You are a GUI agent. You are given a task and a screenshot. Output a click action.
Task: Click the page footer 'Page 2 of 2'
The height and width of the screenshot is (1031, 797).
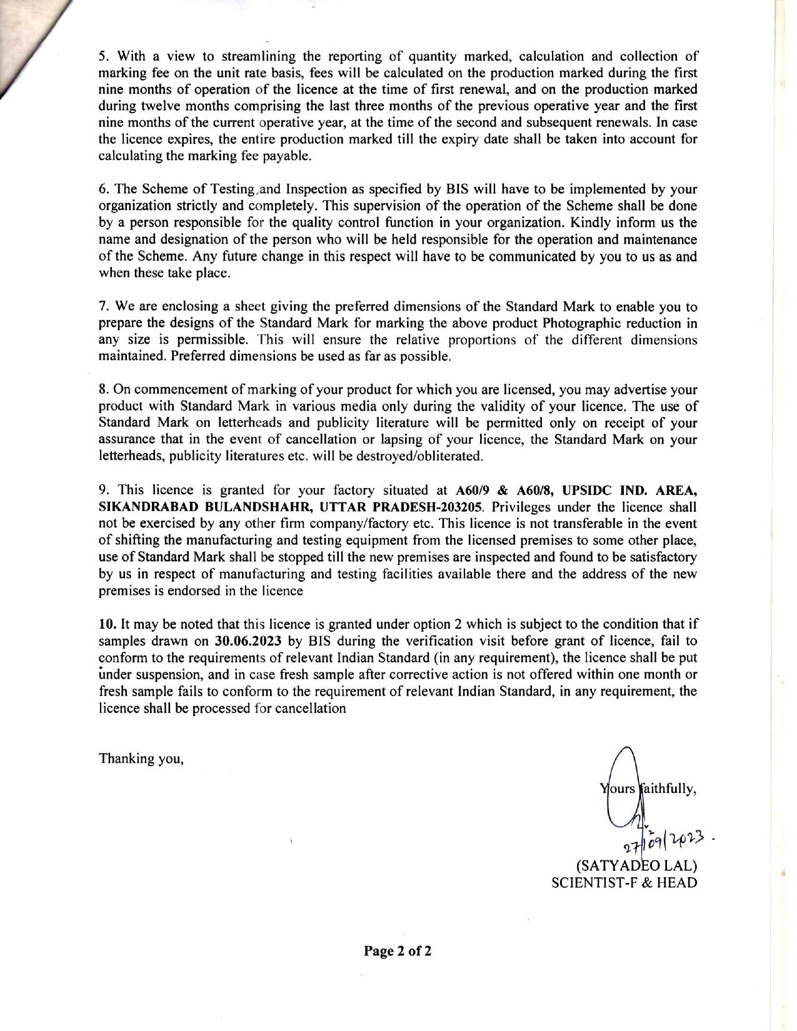pos(398,952)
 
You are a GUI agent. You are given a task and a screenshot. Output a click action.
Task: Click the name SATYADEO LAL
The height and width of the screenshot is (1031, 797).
pos(635,867)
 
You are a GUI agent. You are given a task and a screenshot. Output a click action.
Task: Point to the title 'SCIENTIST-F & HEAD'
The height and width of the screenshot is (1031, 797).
pos(623,883)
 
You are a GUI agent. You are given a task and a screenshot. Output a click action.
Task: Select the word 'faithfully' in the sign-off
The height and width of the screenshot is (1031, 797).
pos(668,789)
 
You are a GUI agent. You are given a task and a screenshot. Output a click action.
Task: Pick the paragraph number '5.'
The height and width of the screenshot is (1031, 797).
pos(104,56)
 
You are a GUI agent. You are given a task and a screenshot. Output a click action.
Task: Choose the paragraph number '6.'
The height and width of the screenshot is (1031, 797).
pos(104,189)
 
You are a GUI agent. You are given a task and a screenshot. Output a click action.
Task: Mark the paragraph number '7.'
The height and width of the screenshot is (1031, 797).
pos(104,307)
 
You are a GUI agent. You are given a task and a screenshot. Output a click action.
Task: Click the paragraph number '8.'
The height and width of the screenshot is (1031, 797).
pos(104,390)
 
